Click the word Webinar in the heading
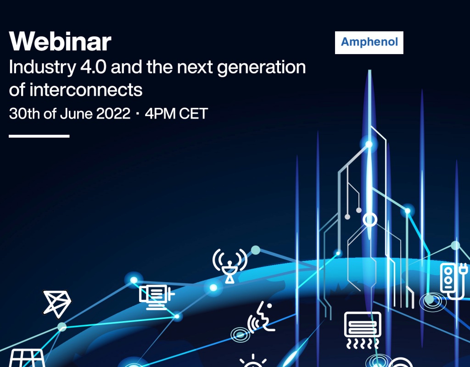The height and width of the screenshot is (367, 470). pos(60,42)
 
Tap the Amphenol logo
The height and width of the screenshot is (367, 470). pos(369,43)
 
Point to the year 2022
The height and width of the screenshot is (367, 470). pos(113,113)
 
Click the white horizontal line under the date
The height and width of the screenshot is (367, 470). pos(39,136)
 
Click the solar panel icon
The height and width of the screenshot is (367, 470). pos(27,358)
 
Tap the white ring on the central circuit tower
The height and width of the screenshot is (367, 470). pos(369,220)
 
